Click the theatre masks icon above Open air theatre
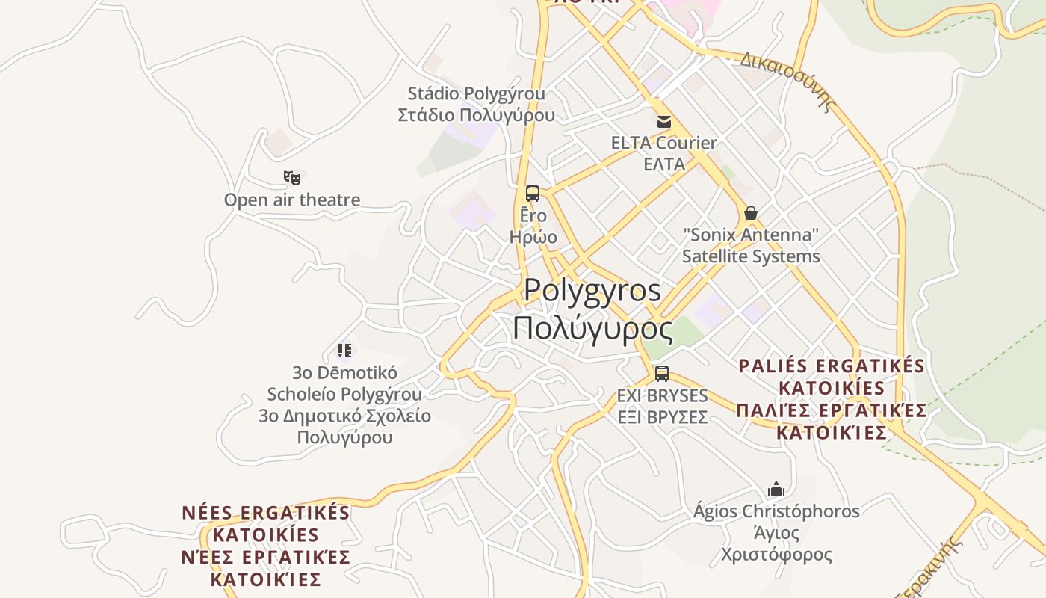coord(291,178)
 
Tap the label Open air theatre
coord(292,200)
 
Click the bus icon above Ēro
coord(533,194)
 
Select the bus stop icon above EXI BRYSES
coord(661,374)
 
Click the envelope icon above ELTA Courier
coord(663,122)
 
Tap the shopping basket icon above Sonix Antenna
coord(751,213)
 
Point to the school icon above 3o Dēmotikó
coord(344,350)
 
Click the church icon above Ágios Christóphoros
coord(776,490)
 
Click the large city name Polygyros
coord(592,290)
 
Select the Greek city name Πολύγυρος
coord(592,328)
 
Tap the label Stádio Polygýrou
coord(476,93)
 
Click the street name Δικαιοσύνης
coord(787,81)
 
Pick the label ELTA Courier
coord(663,143)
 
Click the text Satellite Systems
coord(751,256)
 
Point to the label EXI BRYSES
coord(662,395)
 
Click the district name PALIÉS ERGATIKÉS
coord(832,366)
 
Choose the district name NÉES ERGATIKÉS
coord(266,513)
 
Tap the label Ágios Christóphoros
coord(776,511)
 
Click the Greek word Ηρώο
coord(533,237)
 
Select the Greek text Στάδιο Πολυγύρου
coord(476,115)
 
